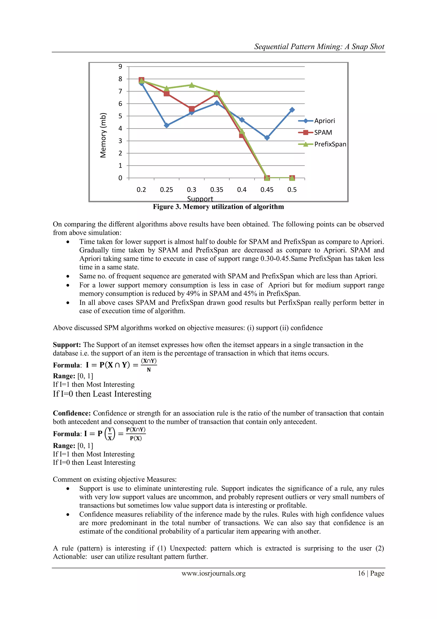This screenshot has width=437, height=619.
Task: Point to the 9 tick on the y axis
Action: (x=120, y=66)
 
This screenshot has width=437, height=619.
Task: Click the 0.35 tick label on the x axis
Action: (x=217, y=190)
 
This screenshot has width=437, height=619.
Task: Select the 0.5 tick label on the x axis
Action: (x=292, y=190)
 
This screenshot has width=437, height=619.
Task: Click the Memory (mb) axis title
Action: (x=103, y=135)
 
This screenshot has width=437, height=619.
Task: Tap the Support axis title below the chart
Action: (x=200, y=199)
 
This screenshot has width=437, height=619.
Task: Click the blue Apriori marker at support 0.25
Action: (x=166, y=125)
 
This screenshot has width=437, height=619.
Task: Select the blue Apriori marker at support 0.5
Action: (x=292, y=110)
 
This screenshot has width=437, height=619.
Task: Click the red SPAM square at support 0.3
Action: (x=192, y=109)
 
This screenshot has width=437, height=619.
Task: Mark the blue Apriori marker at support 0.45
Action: (x=267, y=138)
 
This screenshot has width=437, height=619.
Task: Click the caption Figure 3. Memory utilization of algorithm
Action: (x=218, y=207)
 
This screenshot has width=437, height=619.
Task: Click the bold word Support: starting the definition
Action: (x=67, y=345)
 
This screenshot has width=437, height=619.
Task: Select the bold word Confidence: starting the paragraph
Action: (x=72, y=413)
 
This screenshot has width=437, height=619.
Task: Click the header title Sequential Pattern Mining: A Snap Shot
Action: (x=319, y=47)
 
